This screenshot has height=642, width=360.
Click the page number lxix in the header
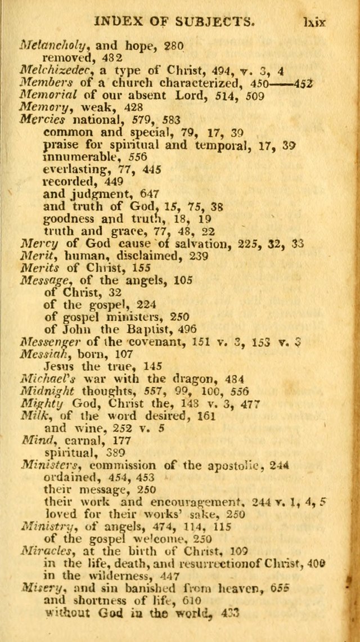coord(316,22)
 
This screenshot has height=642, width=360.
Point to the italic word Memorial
coord(43,95)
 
